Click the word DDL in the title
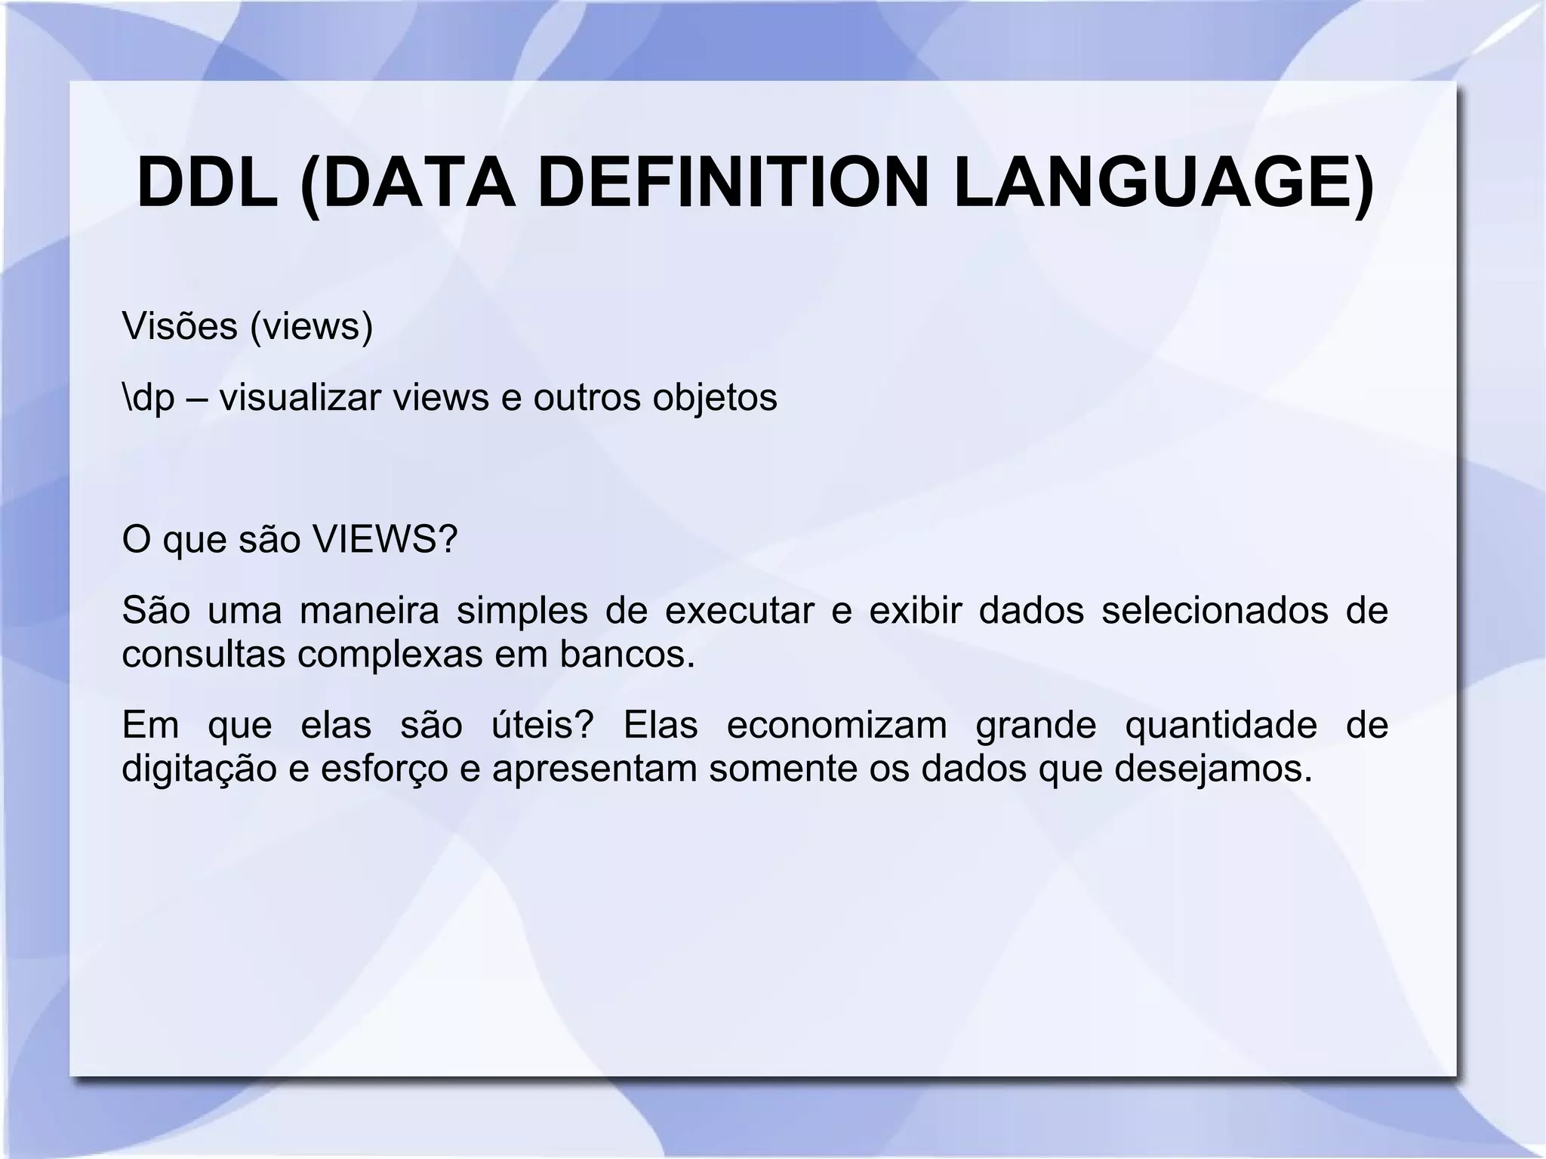pyautogui.click(x=208, y=183)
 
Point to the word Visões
pyautogui.click(x=179, y=326)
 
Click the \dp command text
pyautogui.click(x=148, y=399)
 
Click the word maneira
pyautogui.click(x=369, y=611)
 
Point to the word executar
pyautogui.click(x=739, y=611)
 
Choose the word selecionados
pyautogui.click(x=1215, y=611)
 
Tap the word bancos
pyautogui.click(x=626, y=655)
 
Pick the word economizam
pyautogui.click(x=836, y=725)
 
